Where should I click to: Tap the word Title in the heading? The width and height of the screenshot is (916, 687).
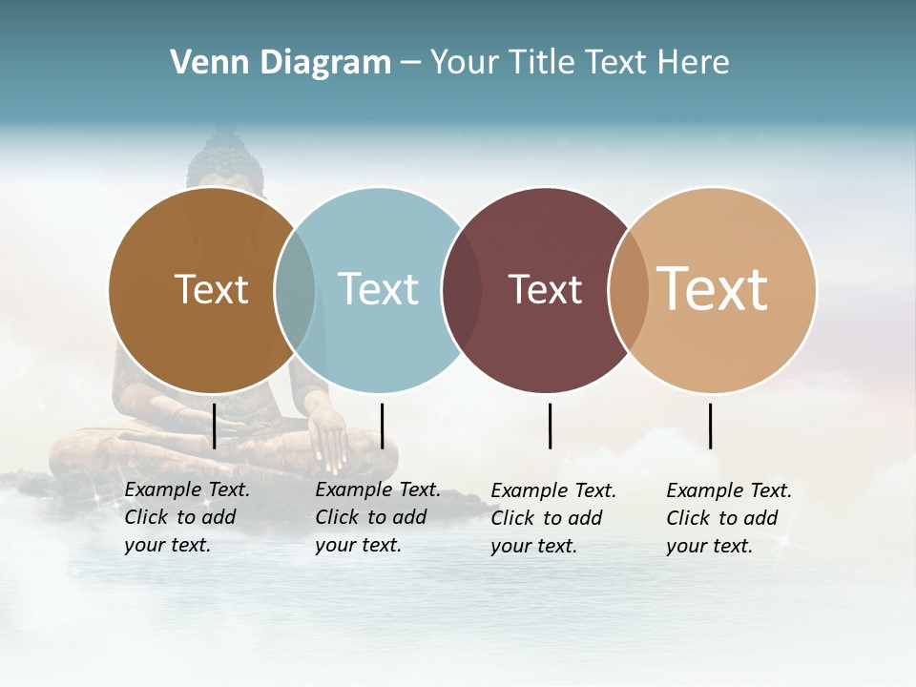tap(542, 63)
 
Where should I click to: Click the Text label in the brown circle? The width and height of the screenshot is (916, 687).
tap(211, 289)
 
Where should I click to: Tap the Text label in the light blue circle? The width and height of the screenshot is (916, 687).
tap(378, 289)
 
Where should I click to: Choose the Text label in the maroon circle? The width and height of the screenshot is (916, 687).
tap(545, 289)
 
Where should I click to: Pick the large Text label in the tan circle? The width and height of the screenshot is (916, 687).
tap(713, 289)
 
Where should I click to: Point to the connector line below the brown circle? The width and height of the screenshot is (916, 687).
tap(215, 426)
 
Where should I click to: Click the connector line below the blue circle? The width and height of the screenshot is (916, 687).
tap(382, 426)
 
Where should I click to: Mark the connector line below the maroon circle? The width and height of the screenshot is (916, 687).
tap(550, 426)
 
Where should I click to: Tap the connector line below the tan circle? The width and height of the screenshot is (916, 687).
tap(710, 426)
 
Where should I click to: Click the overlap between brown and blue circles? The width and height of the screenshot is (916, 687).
tap(295, 290)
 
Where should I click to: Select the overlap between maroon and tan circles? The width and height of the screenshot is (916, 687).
tap(629, 290)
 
